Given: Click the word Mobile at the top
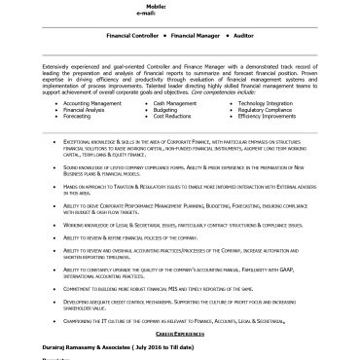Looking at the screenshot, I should (174, 4).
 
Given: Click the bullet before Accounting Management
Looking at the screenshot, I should (55, 102).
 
